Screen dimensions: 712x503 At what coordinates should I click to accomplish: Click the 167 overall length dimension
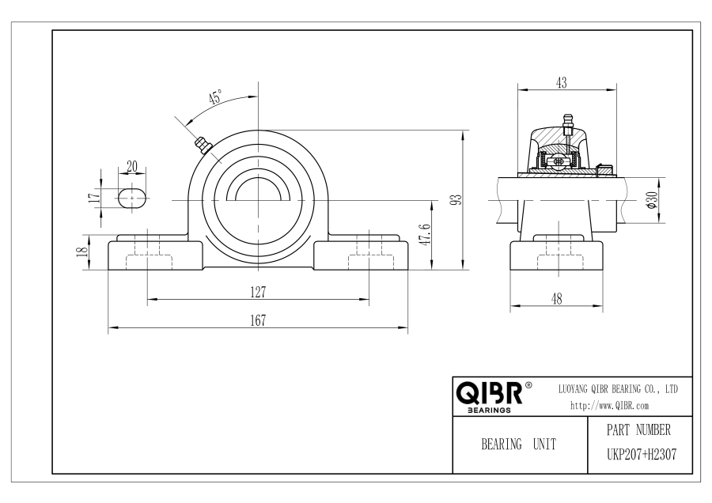coord(258,320)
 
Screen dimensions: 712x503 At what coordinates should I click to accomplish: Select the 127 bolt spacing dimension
coord(258,293)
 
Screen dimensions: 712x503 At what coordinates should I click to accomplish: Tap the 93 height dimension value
coord(457,200)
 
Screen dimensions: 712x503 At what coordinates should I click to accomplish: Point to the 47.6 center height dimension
coord(426,235)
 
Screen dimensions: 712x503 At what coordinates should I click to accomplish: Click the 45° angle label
coord(215,97)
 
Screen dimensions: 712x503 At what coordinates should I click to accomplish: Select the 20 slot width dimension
coord(131,167)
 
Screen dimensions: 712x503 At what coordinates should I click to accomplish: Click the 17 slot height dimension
coord(94,197)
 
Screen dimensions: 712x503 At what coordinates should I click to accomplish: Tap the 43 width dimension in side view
coord(562,82)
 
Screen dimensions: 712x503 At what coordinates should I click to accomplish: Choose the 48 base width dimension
coord(556,299)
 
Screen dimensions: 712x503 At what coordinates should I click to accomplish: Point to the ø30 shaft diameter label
coord(652,200)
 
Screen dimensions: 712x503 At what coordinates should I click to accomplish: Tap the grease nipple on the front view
coord(203,146)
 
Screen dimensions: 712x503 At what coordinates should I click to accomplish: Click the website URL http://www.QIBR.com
coord(609,406)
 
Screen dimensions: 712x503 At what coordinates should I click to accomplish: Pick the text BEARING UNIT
coord(518,444)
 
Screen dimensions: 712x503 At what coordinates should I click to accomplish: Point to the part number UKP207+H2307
coord(642,455)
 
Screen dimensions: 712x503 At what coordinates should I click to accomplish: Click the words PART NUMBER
coord(638,429)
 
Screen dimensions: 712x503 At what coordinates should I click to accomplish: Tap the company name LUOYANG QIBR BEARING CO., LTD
coord(618,389)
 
